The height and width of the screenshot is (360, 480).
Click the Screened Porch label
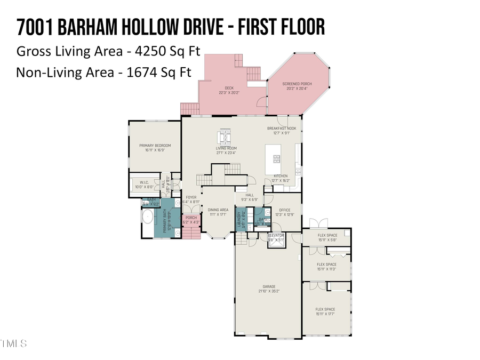click(x=299, y=84)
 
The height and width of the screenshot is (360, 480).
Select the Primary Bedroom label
click(x=155, y=146)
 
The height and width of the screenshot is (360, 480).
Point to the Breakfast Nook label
click(x=282, y=129)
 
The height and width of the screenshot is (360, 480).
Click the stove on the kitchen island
click(x=277, y=158)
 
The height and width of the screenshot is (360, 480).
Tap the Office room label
click(x=284, y=210)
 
